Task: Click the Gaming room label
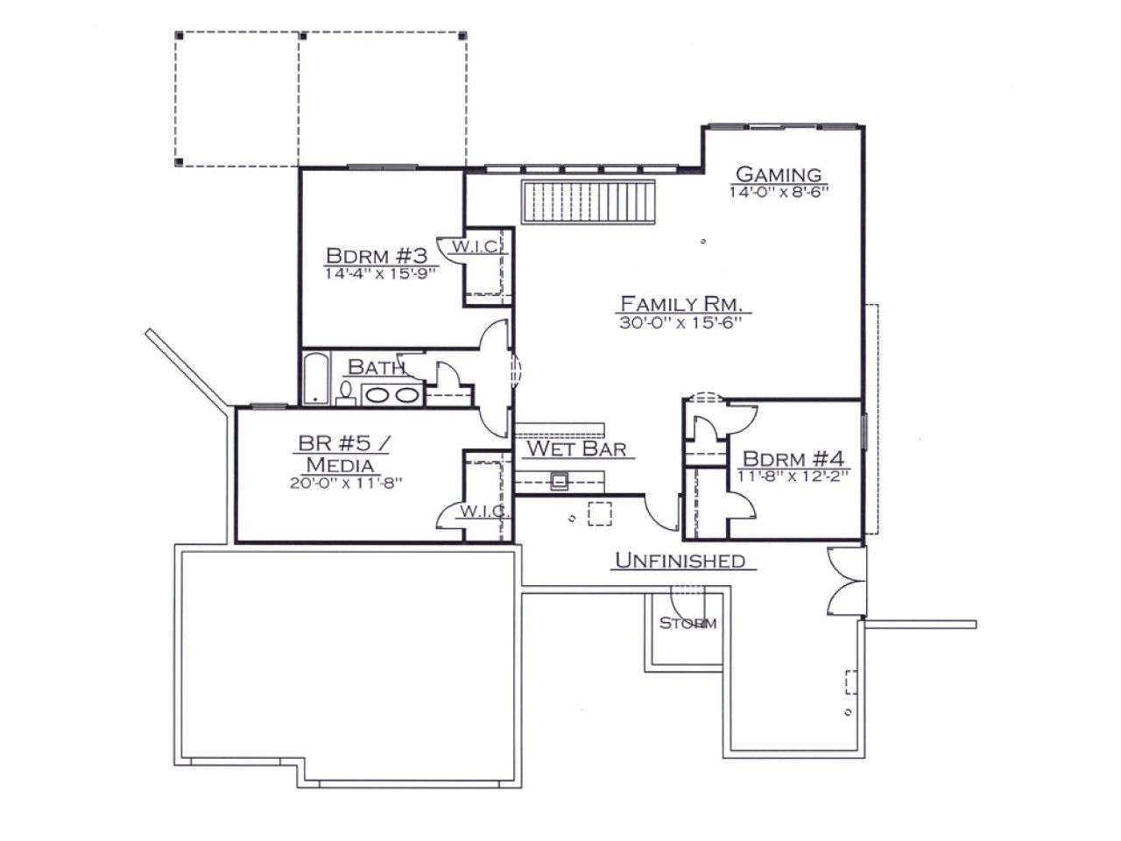[x=779, y=174]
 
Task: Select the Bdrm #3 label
[x=377, y=255]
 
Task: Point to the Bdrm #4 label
[x=793, y=458]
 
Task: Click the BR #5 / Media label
[x=342, y=454]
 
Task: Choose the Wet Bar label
[x=576, y=449]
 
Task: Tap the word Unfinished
[x=680, y=561]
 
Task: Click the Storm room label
[x=687, y=624]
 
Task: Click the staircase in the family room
[x=588, y=201]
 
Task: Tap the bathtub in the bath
[x=315, y=378]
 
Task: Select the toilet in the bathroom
[x=346, y=393]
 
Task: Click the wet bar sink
[x=559, y=480]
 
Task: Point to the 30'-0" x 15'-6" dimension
[x=680, y=322]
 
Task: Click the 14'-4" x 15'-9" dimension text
[x=380, y=273]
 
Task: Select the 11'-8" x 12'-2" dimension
[x=793, y=477]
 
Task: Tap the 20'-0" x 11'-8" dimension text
[x=346, y=483]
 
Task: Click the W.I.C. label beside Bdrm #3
[x=476, y=247]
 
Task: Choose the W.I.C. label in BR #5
[x=483, y=511]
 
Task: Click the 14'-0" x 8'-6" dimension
[x=779, y=193]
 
